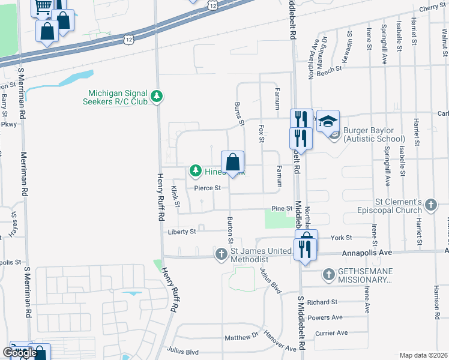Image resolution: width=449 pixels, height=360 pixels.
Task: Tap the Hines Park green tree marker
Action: (195, 172)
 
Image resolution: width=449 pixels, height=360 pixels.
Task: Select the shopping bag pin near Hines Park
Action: (233, 163)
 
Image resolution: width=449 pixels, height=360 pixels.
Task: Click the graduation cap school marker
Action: (328, 122)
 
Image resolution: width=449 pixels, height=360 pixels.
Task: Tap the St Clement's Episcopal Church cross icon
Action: (430, 206)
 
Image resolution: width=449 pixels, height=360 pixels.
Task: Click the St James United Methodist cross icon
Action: (221, 254)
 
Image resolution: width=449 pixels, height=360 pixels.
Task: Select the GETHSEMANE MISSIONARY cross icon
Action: (328, 275)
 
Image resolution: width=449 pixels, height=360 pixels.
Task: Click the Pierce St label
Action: (208, 188)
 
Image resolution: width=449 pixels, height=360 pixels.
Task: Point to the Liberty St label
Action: (182, 232)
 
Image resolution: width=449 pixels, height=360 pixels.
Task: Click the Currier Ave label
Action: (331, 332)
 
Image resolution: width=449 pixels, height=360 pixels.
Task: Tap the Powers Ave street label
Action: (324, 317)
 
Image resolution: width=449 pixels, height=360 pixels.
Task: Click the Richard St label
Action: (322, 302)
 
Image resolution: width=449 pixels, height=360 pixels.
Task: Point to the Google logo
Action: (20, 353)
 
